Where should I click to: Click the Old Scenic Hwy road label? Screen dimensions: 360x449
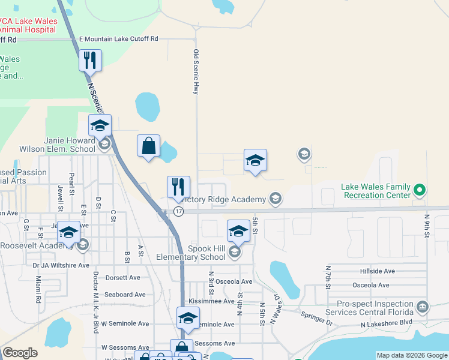(x=195, y=71)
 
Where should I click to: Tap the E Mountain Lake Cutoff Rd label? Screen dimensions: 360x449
(x=118, y=38)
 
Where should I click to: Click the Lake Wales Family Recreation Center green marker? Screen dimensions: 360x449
(x=420, y=191)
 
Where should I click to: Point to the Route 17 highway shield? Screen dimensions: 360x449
(x=178, y=211)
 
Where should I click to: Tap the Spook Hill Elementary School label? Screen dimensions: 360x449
(x=207, y=253)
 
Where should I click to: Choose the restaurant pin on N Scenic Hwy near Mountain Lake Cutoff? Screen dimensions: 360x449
(x=90, y=61)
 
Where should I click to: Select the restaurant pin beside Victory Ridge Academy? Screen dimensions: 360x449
(x=178, y=187)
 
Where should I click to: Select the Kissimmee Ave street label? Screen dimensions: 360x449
(x=211, y=301)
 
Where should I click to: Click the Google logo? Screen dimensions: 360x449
(x=20, y=353)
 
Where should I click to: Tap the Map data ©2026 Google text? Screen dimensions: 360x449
(x=412, y=355)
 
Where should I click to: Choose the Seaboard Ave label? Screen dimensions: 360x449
(x=125, y=295)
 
